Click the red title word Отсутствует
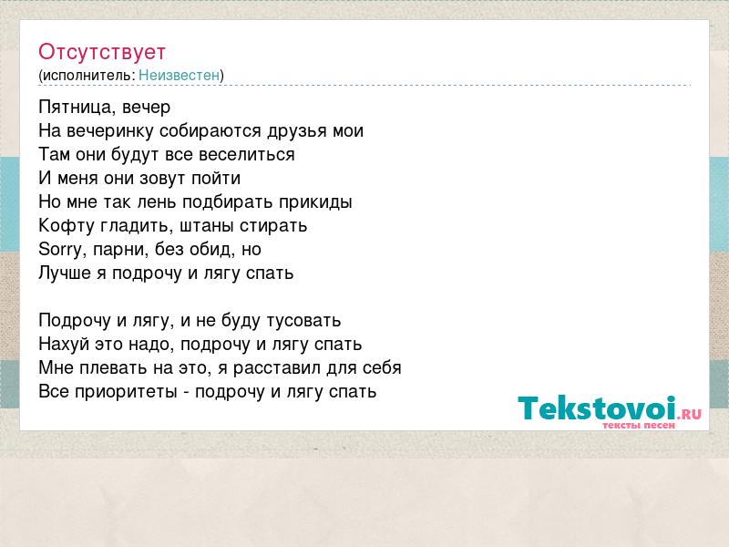point(102,52)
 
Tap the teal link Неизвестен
point(179,75)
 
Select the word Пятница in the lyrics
point(77,108)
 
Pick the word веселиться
point(247,155)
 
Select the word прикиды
point(315,202)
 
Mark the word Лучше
point(65,273)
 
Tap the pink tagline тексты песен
point(639,426)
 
